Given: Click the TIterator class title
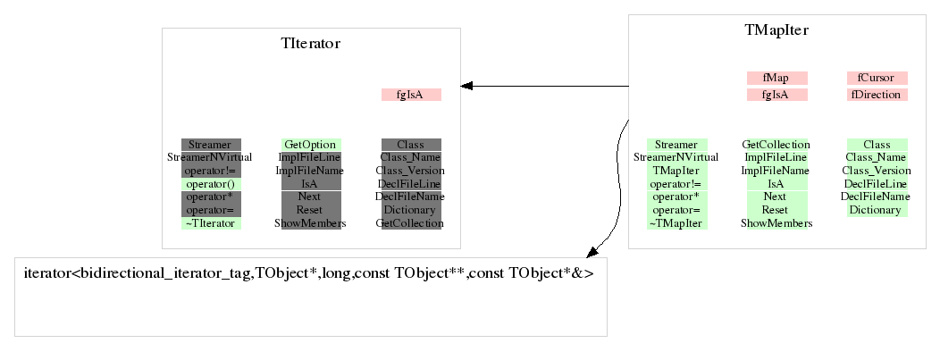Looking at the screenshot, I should pyautogui.click(x=310, y=43).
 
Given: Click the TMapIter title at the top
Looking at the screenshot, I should pyautogui.click(x=776, y=30).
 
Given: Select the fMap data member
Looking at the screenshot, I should pyautogui.click(x=776, y=78).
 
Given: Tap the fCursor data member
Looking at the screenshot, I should pyautogui.click(x=877, y=78).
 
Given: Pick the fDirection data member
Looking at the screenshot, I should pyautogui.click(x=877, y=94).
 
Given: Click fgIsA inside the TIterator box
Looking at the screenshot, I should pyautogui.click(x=411, y=95).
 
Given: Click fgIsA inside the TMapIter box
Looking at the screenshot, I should pyautogui.click(x=776, y=94).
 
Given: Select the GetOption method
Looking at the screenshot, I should pyautogui.click(x=310, y=145).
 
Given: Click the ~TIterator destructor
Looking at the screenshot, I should pyautogui.click(x=211, y=223).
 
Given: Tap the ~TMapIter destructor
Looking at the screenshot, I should pyautogui.click(x=676, y=223).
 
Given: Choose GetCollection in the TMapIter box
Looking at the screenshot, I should pyautogui.click(x=776, y=145).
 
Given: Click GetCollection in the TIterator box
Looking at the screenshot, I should pyautogui.click(x=411, y=223).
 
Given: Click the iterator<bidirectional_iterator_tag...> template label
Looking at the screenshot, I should pyautogui.click(x=309, y=272).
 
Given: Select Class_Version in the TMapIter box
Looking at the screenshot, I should pyautogui.click(x=877, y=171).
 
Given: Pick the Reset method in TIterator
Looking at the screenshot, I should pyautogui.click(x=310, y=210).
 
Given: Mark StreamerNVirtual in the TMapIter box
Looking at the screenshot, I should pyautogui.click(x=676, y=157).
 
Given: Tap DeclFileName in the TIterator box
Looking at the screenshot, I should pyautogui.click(x=411, y=197).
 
